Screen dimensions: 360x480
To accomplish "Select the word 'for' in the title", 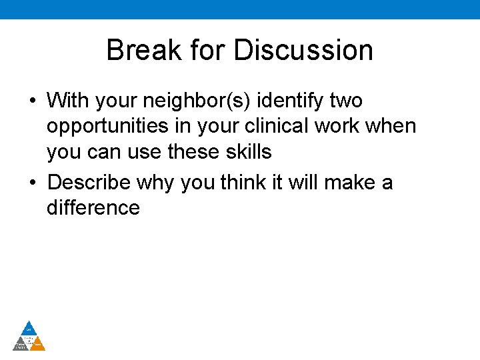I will click(203, 51).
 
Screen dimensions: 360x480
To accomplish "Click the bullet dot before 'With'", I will click(32, 101).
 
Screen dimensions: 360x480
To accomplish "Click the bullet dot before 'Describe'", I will click(32, 183).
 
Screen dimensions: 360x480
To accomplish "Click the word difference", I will click(93, 207).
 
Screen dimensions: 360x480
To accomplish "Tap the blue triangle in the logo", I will click(29, 328).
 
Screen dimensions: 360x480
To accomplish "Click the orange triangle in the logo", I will click(38, 344).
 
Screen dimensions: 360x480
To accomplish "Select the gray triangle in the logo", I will click(21, 344).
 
